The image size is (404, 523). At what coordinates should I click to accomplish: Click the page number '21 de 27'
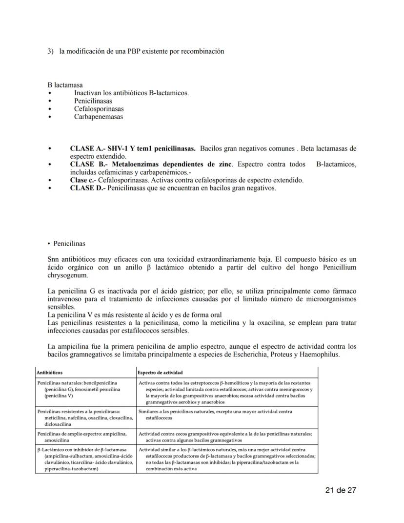(x=341, y=490)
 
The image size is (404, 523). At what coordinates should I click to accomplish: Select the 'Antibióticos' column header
(x=49, y=373)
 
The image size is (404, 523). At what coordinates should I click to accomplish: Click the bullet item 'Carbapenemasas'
(x=99, y=117)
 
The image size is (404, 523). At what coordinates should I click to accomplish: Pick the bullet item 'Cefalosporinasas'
(x=99, y=109)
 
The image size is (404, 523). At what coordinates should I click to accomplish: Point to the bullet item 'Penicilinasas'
(x=93, y=101)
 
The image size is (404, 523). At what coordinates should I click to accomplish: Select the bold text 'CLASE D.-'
(x=87, y=188)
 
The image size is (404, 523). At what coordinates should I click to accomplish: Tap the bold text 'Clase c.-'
(x=83, y=180)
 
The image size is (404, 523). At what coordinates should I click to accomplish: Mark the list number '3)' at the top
(x=50, y=51)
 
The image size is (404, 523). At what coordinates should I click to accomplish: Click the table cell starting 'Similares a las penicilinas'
(x=215, y=415)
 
